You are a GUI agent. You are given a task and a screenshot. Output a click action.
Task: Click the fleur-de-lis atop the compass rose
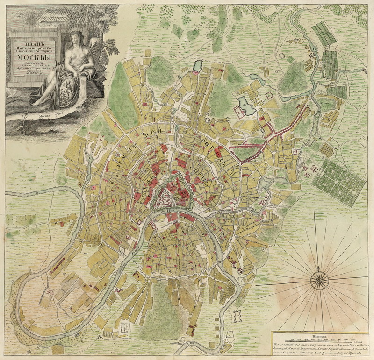(x=319, y=268)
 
